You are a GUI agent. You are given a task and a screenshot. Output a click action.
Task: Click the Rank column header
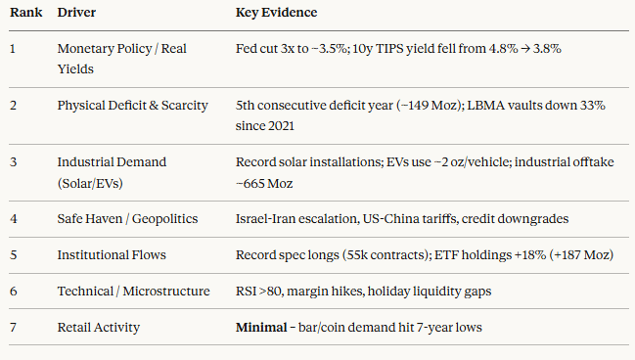[25, 13]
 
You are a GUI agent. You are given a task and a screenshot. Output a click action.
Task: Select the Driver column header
[76, 13]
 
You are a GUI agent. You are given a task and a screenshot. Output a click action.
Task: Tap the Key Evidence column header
[276, 13]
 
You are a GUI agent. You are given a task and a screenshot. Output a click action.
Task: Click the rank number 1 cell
[13, 49]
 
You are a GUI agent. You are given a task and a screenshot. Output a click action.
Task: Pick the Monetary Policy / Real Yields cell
[122, 59]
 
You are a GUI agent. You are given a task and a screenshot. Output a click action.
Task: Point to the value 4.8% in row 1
[503, 49]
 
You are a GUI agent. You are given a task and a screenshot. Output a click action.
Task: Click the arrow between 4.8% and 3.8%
[525, 50]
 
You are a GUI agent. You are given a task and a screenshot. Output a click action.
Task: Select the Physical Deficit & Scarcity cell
[132, 106]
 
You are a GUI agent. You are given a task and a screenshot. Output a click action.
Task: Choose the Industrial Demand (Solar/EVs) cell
[112, 172]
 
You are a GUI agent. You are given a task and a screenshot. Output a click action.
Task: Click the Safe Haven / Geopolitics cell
[127, 219]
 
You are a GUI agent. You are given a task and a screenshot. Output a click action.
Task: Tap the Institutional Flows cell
[112, 255]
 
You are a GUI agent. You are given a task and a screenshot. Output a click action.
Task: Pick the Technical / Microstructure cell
[134, 292]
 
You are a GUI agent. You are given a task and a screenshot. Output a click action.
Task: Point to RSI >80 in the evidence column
[259, 292]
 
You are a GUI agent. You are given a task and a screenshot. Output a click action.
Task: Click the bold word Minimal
[261, 327]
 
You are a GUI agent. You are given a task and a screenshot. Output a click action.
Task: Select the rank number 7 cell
[13, 327]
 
